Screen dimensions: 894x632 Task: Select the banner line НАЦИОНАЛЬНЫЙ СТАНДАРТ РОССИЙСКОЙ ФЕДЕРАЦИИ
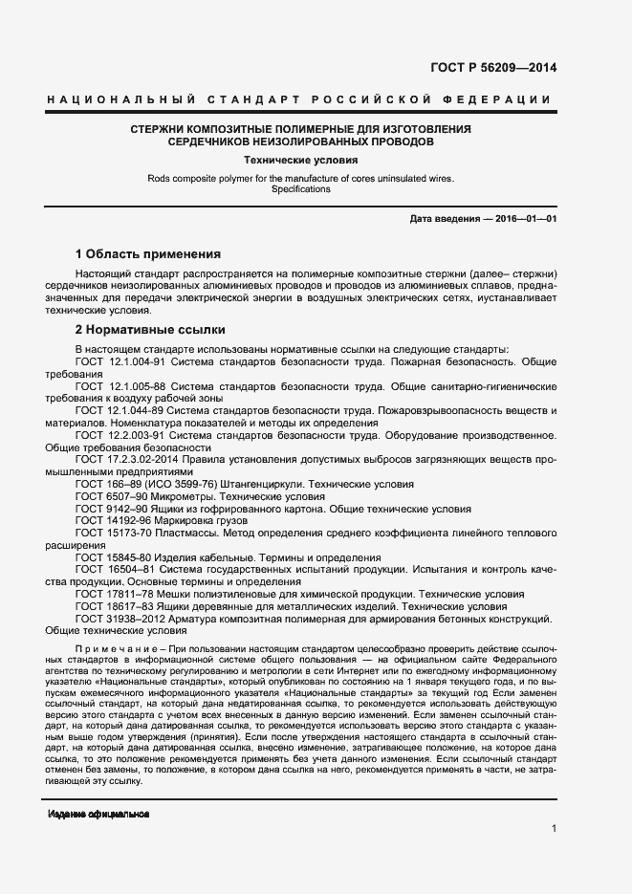pos(299,100)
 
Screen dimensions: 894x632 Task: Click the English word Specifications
pos(299,189)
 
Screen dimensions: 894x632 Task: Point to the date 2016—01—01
pos(521,219)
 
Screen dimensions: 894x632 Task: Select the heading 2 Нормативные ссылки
pos(150,329)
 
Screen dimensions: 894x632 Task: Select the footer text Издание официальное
pos(98,814)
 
